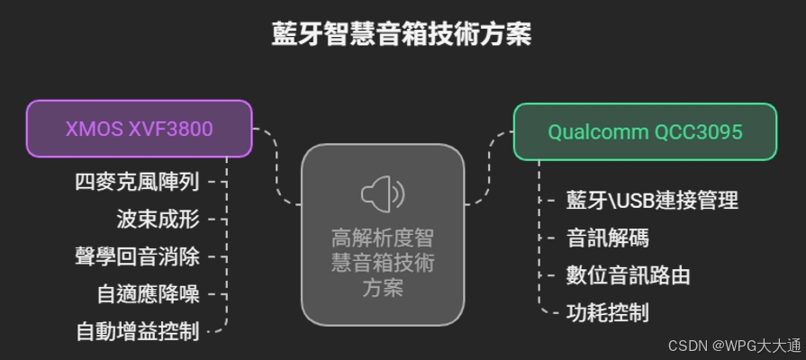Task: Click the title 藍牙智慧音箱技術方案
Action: (x=402, y=34)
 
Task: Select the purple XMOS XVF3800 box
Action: (x=139, y=129)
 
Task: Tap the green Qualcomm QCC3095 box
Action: (x=645, y=132)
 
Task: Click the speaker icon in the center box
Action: (x=383, y=193)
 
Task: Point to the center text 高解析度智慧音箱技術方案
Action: (x=383, y=263)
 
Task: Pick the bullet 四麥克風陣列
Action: (x=137, y=181)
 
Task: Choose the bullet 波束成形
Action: (x=158, y=219)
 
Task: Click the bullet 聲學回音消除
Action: (x=137, y=256)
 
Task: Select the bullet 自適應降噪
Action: (x=148, y=293)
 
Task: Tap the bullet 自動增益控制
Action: (x=137, y=330)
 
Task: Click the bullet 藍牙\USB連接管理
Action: (x=652, y=200)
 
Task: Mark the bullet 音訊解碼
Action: (x=607, y=238)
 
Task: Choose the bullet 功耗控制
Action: (x=607, y=313)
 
